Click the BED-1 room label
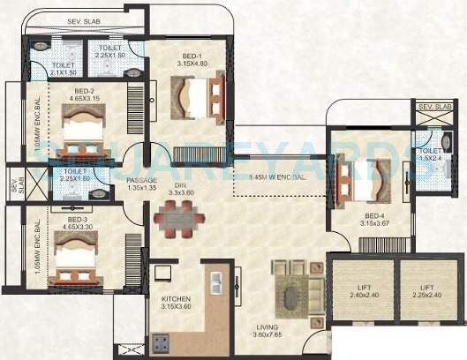[x=186, y=57]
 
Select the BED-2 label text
[x=84, y=94]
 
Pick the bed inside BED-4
[x=365, y=180]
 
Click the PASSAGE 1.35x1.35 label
[x=142, y=184]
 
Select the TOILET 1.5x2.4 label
[x=430, y=155]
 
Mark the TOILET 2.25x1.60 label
[x=76, y=176]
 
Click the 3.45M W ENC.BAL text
[x=279, y=177]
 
